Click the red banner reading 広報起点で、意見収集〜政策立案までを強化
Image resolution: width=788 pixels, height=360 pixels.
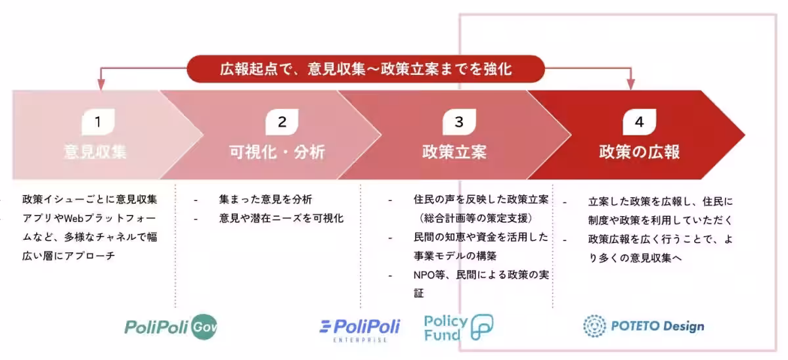[366, 68]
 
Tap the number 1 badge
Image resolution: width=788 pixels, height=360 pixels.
[98, 122]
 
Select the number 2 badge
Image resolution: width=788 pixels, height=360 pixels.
[282, 122]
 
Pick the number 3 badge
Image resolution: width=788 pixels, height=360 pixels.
[459, 122]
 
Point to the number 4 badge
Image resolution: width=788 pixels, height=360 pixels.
[639, 122]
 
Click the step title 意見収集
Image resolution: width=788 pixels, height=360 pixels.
[95, 152]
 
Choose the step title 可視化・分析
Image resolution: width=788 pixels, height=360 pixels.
[277, 152]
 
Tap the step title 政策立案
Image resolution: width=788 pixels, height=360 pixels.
[454, 152]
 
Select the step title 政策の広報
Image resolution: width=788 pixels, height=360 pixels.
[639, 152]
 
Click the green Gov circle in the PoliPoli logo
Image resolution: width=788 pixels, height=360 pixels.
[204, 327]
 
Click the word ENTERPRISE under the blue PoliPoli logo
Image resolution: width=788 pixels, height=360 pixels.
[360, 340]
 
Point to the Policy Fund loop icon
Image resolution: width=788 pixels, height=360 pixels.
[482, 327]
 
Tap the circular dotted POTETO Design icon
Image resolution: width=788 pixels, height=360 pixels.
[594, 326]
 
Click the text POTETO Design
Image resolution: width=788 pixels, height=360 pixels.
[657, 326]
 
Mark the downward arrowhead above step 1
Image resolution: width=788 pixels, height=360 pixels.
[101, 85]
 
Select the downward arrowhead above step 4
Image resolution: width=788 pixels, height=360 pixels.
[631, 85]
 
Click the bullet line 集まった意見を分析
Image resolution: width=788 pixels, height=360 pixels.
[265, 200]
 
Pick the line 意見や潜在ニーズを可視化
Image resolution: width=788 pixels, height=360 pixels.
[281, 218]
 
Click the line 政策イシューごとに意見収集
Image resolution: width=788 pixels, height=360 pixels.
[90, 200]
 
